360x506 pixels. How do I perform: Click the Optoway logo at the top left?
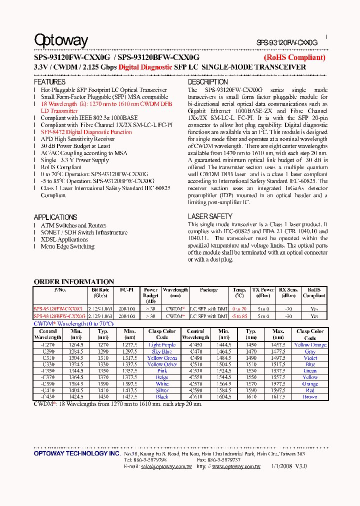click(x=61, y=40)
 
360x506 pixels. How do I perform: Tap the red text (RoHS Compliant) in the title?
click(x=294, y=57)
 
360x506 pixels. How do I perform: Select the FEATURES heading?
click(x=49, y=82)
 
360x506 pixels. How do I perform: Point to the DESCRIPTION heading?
click(x=207, y=82)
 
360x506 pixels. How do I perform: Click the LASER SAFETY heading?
click(x=210, y=216)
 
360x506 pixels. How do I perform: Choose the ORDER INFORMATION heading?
click(x=73, y=281)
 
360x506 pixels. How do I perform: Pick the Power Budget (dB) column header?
click(x=150, y=295)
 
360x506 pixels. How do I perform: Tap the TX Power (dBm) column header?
click(x=263, y=292)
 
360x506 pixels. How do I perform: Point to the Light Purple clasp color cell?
click(x=162, y=345)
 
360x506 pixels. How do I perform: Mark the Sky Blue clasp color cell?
click(x=162, y=351)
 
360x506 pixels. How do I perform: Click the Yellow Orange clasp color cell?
click(x=310, y=345)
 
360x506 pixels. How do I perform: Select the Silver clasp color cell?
click(x=162, y=390)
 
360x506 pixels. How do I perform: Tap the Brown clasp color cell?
click(x=310, y=397)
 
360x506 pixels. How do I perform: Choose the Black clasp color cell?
click(x=162, y=397)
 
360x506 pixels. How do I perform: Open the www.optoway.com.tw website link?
click(x=236, y=466)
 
